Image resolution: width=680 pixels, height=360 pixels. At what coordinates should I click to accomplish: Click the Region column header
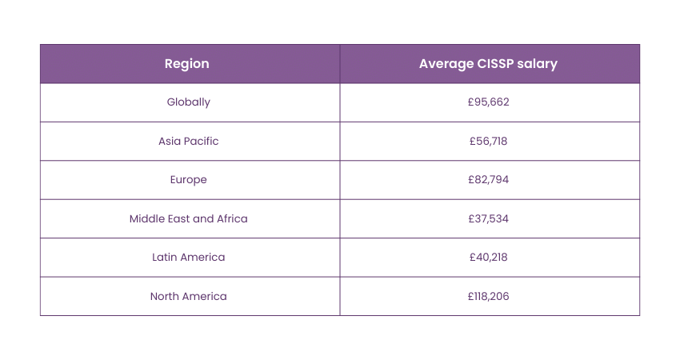point(187,64)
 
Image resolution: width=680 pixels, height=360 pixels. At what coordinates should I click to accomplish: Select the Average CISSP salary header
point(488,64)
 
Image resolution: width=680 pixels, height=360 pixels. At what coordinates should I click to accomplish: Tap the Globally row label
point(189,102)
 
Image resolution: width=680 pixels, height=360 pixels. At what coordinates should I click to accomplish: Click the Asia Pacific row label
point(189,141)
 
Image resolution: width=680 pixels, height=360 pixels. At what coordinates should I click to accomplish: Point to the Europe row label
point(189,180)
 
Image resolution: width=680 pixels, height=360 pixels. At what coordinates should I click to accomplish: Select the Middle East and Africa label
point(189,218)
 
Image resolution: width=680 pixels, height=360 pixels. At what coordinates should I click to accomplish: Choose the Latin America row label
point(189,257)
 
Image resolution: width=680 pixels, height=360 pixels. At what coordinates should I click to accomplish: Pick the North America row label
point(189,296)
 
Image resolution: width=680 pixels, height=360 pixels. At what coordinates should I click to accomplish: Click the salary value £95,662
point(489,102)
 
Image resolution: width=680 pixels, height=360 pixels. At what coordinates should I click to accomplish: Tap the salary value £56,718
point(489,141)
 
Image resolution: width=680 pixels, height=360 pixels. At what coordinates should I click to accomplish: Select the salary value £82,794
point(489,180)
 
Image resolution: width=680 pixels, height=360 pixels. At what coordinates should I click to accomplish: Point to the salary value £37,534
point(489,218)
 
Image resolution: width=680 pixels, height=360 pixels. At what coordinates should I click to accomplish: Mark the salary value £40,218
point(489,257)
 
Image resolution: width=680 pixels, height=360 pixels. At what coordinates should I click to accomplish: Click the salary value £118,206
point(489,296)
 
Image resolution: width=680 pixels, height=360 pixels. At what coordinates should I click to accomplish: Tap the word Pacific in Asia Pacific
point(201,141)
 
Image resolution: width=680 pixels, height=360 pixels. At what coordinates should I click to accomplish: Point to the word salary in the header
point(538,64)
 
